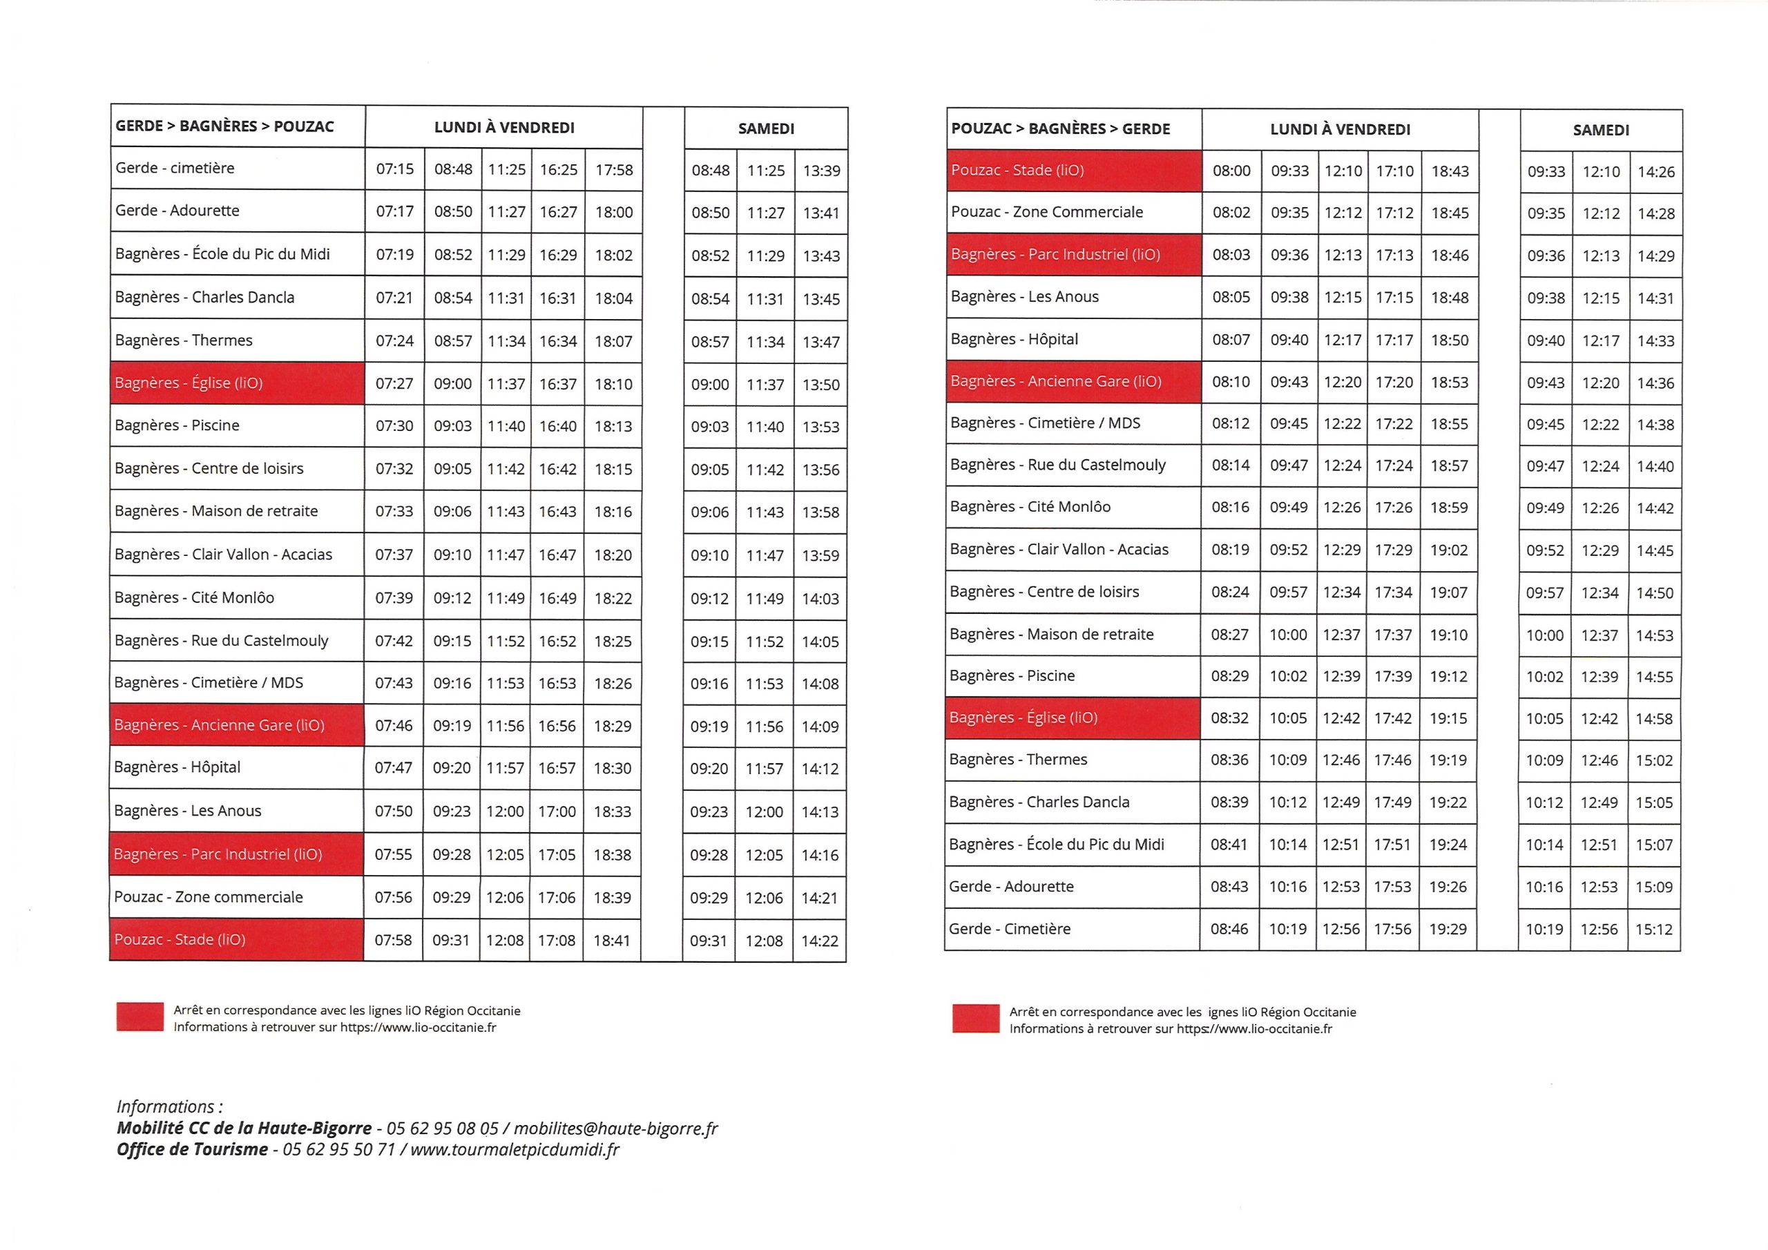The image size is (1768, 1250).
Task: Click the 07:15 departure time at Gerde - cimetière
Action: coord(394,169)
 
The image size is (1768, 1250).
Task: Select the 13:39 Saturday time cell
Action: coord(821,170)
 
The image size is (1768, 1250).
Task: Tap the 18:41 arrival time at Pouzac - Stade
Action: coord(611,941)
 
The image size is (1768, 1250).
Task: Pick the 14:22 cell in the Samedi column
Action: coord(819,941)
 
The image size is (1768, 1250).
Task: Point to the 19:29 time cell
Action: coord(1448,929)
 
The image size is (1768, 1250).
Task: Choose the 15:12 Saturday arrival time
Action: coord(1654,930)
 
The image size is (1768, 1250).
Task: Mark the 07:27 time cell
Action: coord(394,383)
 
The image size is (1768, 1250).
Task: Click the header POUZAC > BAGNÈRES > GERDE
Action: coord(1060,128)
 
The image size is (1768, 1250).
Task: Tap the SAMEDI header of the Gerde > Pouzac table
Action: coord(765,128)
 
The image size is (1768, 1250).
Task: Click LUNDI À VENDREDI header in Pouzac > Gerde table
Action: coord(1340,129)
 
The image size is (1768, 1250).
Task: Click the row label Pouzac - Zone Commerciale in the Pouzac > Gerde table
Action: coord(1046,212)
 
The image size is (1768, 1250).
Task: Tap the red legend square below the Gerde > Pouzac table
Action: coord(140,1016)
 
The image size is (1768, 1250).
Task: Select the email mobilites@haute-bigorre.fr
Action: coord(615,1128)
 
